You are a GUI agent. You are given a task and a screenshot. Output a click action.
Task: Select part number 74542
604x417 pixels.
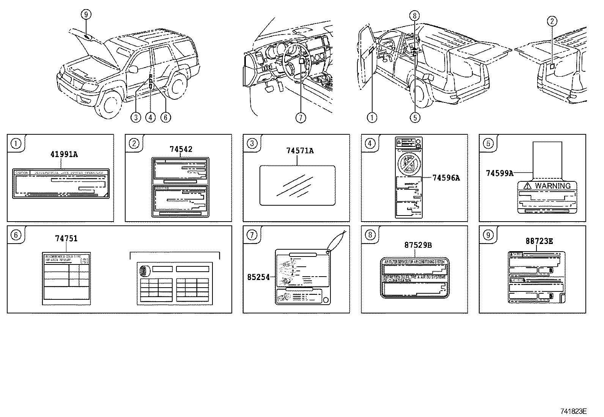[181, 149]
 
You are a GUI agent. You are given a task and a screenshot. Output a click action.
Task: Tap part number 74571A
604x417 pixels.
[300, 151]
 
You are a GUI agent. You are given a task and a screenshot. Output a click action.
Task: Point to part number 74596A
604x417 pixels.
[446, 178]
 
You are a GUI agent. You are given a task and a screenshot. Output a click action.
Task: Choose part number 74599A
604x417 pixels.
[499, 173]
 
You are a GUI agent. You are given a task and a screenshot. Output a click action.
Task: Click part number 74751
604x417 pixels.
[66, 239]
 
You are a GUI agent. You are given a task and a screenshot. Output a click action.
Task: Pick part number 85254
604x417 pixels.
[258, 277]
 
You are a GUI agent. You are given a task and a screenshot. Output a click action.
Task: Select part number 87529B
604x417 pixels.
[418, 245]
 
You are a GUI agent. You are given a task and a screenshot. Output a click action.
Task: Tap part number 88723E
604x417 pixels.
[539, 241]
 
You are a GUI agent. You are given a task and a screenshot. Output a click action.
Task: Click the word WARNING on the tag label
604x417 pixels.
[552, 186]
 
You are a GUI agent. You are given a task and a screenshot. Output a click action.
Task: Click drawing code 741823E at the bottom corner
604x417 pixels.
[574, 411]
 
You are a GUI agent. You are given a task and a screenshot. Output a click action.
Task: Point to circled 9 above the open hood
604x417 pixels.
[86, 14]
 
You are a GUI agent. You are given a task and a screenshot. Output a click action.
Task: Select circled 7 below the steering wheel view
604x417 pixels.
[300, 118]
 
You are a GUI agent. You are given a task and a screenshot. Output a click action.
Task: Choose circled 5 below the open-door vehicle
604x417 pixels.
[415, 118]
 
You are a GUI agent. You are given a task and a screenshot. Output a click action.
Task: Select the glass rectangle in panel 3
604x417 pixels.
[297, 185]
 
